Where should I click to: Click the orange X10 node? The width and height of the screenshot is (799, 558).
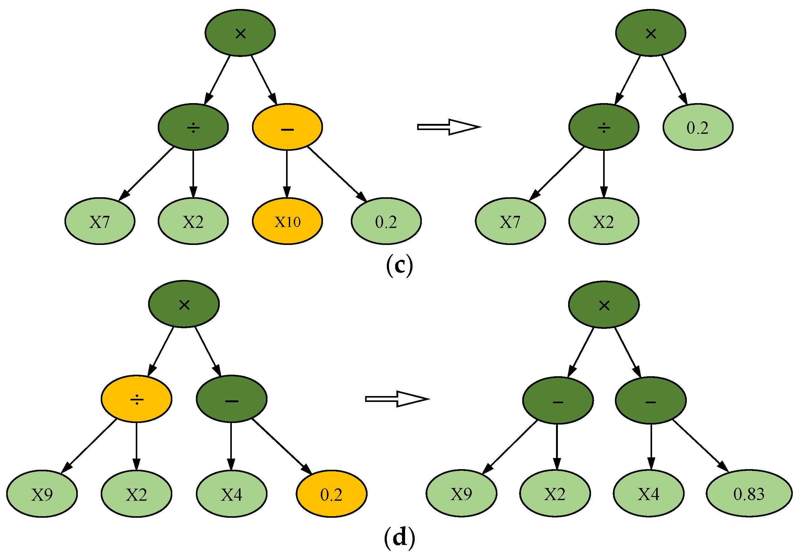287,221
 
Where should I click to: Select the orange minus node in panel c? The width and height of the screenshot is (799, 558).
287,127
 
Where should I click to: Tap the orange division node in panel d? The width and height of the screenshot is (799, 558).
136,399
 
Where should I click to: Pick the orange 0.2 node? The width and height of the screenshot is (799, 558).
331,494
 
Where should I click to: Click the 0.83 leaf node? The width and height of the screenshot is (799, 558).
749,493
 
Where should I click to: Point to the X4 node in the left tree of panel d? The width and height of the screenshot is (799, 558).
232,494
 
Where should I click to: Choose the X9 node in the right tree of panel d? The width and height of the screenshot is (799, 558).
461,493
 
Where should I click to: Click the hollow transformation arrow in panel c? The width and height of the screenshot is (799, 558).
449,127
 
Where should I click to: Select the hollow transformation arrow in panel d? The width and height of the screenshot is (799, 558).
397,399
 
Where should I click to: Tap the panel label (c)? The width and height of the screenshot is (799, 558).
399,266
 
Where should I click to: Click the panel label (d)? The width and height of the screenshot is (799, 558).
399,538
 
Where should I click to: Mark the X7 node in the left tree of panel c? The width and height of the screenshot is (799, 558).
100,221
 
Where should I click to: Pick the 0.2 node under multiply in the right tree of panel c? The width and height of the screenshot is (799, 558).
698,127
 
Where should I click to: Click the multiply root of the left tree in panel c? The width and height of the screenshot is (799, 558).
240,33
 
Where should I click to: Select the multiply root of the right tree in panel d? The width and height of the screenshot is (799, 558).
604,305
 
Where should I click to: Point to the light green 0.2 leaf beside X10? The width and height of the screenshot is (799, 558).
386,221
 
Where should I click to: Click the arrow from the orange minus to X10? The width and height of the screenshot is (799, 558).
287,174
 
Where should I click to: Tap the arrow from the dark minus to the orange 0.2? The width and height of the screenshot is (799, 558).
282,447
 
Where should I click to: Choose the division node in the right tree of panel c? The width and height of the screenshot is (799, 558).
604,127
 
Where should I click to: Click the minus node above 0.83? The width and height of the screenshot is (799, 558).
651,400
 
